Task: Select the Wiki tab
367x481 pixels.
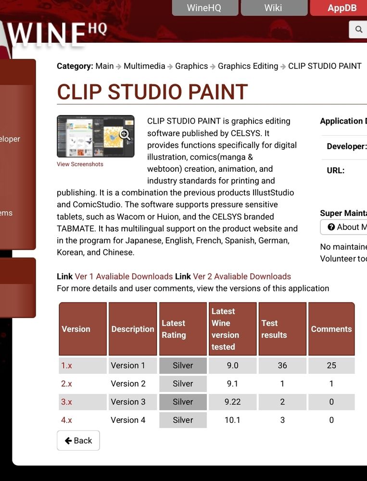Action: pos(273,8)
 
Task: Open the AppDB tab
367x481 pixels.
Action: pos(342,8)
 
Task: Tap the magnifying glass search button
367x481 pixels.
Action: pos(358,29)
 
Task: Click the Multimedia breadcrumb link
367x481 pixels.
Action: pos(144,66)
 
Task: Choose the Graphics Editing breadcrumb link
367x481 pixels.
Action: pos(248,66)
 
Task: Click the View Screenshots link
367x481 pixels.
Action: pos(80,164)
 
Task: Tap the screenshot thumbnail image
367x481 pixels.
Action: pos(95,136)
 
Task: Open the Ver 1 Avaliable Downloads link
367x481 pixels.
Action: pos(124,276)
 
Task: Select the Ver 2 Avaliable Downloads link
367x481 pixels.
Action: pos(242,276)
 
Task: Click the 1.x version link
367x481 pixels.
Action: pos(66,365)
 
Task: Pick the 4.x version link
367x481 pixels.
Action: pos(66,420)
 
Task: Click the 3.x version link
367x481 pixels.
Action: pos(66,402)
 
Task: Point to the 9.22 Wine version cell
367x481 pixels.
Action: pos(232,402)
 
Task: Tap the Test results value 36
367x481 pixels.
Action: pos(282,365)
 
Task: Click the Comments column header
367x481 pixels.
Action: pos(331,329)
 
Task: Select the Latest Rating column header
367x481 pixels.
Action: pos(183,329)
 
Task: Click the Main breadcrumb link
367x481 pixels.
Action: pos(104,66)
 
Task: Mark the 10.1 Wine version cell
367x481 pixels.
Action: pos(232,420)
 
